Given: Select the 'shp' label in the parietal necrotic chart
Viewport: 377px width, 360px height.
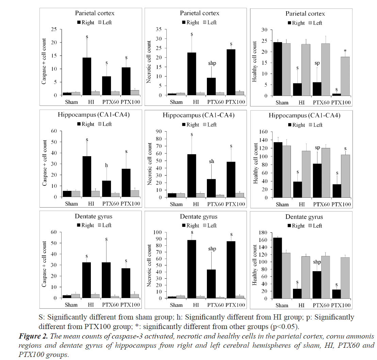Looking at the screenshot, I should (211, 63).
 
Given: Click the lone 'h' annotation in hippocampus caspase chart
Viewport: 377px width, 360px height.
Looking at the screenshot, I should (106, 165).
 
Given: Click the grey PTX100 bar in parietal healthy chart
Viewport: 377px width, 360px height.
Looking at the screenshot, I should (345, 76).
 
